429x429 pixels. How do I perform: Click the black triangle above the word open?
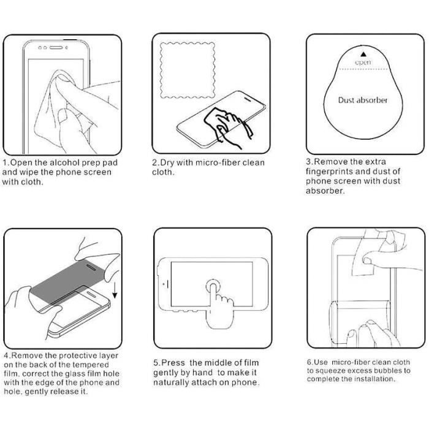(363, 54)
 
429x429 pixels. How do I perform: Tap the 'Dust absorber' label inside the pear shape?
(363, 100)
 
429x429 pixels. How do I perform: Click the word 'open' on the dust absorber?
(363, 63)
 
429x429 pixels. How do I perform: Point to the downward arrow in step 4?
(115, 290)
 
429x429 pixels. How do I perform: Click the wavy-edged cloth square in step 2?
(188, 70)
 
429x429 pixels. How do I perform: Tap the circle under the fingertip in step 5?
(213, 286)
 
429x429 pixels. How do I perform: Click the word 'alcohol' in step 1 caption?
(65, 162)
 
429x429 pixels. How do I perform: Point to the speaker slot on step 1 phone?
(56, 48)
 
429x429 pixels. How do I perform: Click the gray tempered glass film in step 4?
(67, 281)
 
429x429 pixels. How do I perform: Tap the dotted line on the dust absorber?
(363, 69)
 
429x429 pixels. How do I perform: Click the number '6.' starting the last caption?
(309, 362)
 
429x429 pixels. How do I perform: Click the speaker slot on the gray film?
(91, 267)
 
